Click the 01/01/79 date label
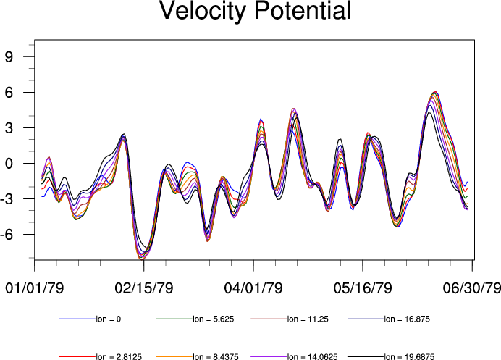(x=35, y=288)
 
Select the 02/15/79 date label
(x=143, y=288)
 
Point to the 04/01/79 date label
(x=253, y=288)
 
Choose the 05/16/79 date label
(x=362, y=288)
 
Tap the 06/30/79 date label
(x=471, y=288)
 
